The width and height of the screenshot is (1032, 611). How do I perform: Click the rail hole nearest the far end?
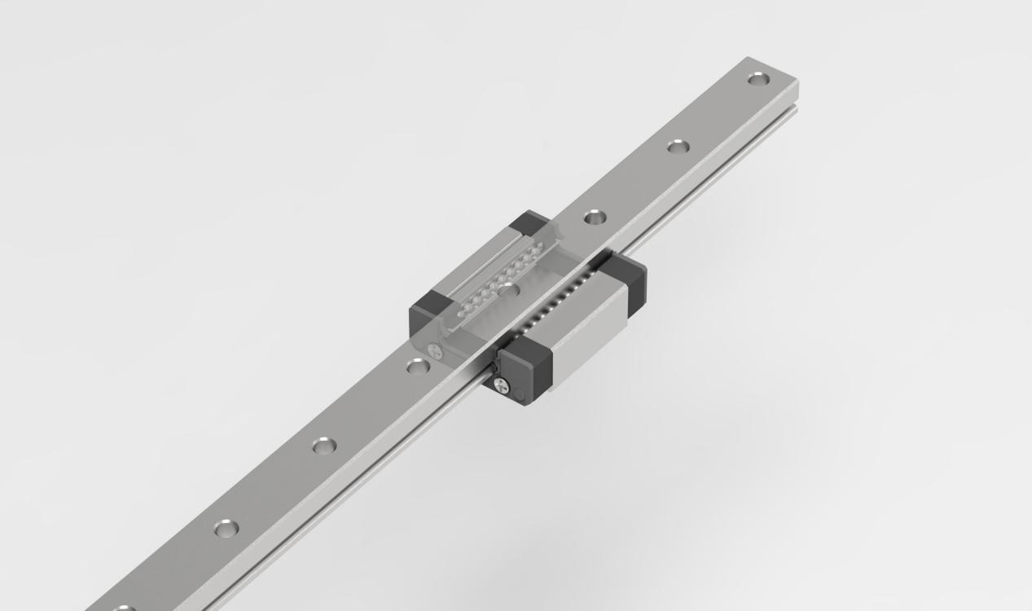(x=758, y=79)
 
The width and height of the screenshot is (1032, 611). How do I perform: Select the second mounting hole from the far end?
(x=678, y=147)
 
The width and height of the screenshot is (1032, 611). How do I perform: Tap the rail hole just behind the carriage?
(x=595, y=217)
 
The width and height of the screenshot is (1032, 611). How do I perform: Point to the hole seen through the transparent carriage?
(x=508, y=289)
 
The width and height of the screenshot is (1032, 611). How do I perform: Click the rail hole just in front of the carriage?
(x=418, y=367)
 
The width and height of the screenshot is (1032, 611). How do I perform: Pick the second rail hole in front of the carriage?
(x=324, y=446)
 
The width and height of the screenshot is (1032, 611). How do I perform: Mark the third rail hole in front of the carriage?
(x=226, y=528)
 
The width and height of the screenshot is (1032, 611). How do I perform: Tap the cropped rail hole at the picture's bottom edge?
(x=123, y=608)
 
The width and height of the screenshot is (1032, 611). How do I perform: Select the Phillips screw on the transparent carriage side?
(x=433, y=352)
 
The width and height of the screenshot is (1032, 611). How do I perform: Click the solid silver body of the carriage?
(x=586, y=326)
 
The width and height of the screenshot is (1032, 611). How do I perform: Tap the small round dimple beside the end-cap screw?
(x=520, y=395)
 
